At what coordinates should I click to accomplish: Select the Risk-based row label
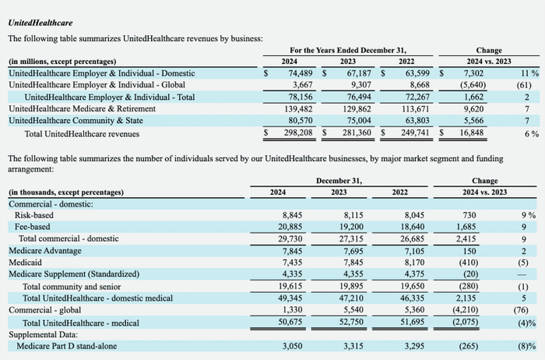click(35, 215)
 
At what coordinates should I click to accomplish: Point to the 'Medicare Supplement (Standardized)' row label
click(74, 275)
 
